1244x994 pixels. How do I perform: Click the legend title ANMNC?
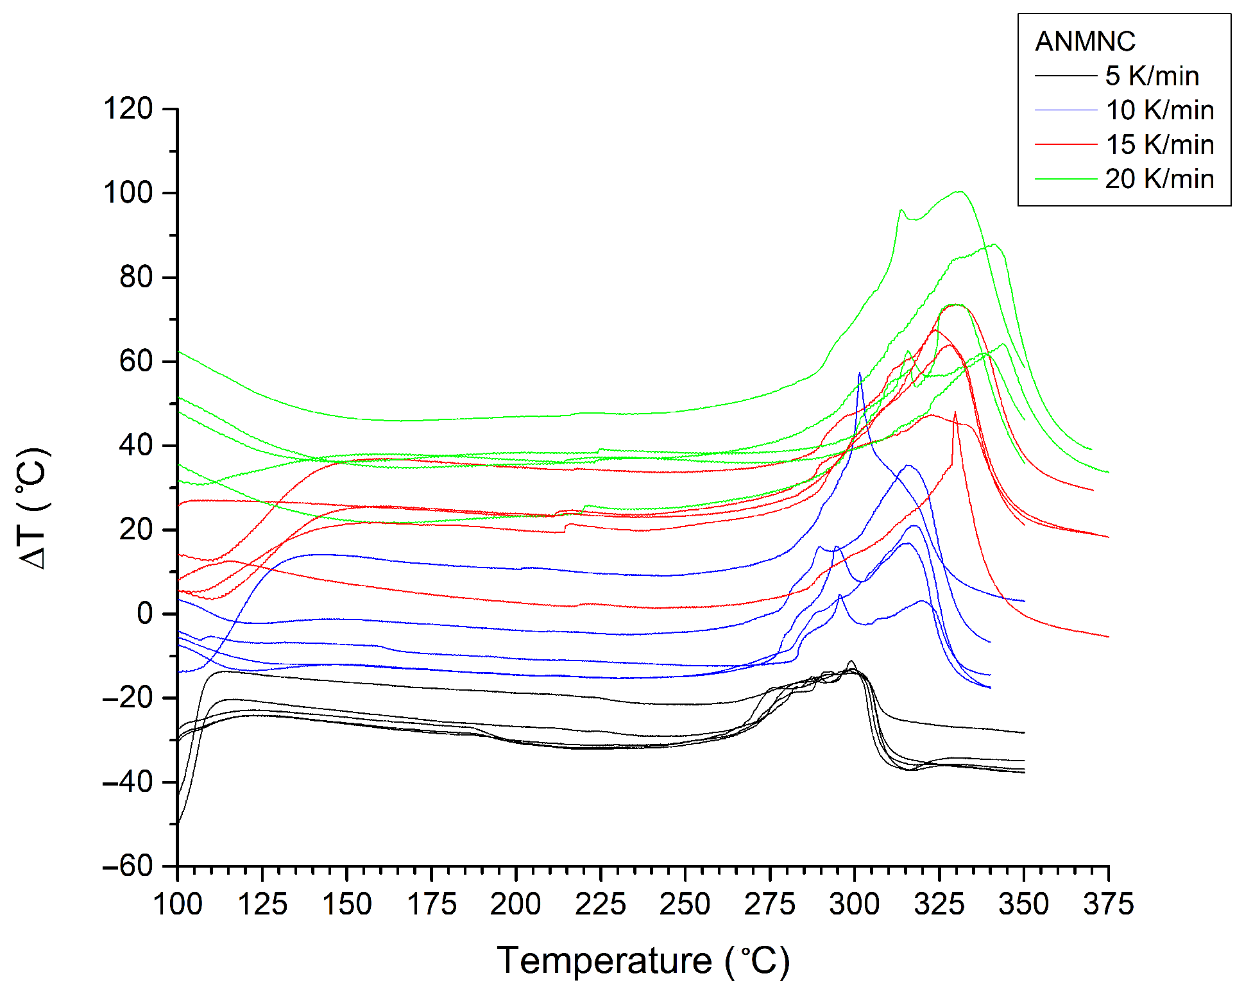coord(1085,42)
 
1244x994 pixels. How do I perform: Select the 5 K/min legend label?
coord(1152,76)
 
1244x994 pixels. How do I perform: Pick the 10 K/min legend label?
coord(1159,110)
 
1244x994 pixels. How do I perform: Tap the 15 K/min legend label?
coord(1159,144)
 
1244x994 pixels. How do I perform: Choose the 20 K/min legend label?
coord(1159,179)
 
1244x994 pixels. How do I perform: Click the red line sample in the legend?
coord(1066,145)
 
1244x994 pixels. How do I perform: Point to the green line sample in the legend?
coord(1066,179)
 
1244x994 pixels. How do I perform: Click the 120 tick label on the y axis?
coord(128,109)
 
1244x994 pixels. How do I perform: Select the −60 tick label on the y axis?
coord(128,866)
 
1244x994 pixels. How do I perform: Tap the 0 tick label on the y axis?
coord(144,614)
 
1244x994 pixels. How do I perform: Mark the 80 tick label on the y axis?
coord(136,277)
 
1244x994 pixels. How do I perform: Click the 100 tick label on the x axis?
coord(178,905)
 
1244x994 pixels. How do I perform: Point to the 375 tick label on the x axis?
coord(1109,905)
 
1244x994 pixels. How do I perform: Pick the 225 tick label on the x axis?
coord(601,905)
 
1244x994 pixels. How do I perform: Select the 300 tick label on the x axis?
coord(855,905)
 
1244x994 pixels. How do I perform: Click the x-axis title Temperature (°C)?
coord(643,961)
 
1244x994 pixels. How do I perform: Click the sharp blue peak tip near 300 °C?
coord(860,373)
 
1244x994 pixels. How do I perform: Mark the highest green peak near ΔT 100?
coord(959,191)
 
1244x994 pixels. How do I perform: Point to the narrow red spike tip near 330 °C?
coord(955,412)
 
